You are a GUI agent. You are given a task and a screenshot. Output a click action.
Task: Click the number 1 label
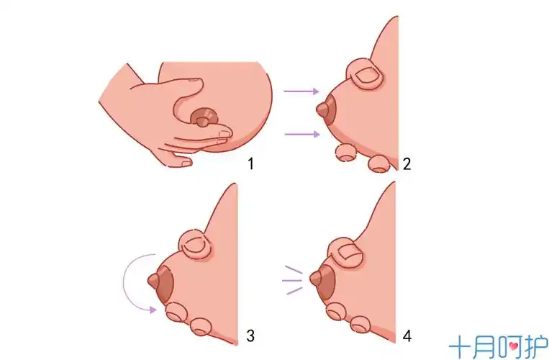tap(250, 163)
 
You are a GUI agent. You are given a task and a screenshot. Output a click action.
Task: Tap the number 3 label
tap(250, 335)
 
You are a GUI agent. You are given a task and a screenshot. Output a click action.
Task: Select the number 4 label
tap(407, 336)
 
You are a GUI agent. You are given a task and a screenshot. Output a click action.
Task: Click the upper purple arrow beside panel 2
tap(301, 91)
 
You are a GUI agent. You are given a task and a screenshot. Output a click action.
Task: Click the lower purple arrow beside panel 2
tap(301, 133)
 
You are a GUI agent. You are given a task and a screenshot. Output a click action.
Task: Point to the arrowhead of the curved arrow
tap(153, 310)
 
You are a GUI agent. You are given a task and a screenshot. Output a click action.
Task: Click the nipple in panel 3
tap(154, 280)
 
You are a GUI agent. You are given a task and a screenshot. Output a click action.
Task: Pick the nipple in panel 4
tap(317, 277)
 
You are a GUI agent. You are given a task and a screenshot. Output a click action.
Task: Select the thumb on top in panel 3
tap(195, 245)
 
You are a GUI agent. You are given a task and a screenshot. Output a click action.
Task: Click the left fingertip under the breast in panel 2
tap(345, 151)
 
